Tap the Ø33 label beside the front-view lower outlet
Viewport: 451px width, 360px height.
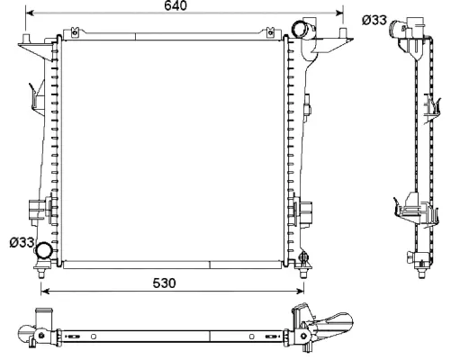pyautogui.click(x=21, y=242)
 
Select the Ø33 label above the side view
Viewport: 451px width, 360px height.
pyautogui.click(x=374, y=19)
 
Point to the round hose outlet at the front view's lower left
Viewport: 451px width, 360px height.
pyautogui.click(x=42, y=256)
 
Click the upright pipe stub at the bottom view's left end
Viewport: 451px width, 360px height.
pyautogui.click(x=41, y=317)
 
